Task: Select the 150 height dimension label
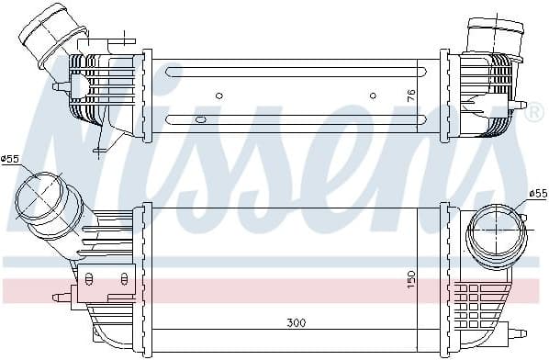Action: pos(412,275)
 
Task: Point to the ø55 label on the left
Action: pos(10,159)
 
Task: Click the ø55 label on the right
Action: pos(538,193)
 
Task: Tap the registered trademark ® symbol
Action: pos(535,111)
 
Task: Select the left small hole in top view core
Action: pos(218,95)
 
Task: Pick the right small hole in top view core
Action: pos(373,95)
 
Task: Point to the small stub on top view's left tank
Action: pos(58,85)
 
